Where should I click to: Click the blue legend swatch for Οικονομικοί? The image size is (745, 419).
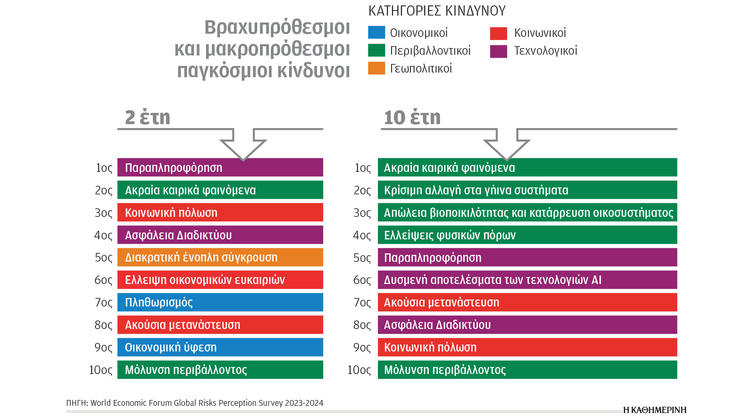376,33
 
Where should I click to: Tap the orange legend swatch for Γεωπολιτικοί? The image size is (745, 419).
376,68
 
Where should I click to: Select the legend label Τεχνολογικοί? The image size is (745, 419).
546,51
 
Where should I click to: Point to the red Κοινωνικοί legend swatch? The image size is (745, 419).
498,33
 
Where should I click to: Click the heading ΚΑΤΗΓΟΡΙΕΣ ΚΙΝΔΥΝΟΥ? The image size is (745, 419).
437,11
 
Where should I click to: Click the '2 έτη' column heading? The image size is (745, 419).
147,117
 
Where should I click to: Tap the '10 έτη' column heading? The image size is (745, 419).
412,117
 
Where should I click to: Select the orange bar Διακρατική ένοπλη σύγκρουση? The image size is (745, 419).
220,257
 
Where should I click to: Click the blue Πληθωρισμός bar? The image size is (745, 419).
220,302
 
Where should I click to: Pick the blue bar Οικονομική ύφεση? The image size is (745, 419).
220,347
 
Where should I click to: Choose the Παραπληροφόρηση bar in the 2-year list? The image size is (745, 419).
220,167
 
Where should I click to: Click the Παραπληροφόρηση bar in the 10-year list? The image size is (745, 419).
527,257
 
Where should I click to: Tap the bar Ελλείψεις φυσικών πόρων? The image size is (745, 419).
527,235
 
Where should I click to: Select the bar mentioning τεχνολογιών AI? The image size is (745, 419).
527,280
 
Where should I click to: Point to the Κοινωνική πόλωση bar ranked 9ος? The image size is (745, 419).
527,347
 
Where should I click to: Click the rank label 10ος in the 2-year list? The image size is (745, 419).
101,370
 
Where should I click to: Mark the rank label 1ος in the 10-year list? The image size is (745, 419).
363,168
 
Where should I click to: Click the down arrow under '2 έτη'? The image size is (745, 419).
243,145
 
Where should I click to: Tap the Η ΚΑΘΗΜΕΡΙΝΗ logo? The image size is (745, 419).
655,410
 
